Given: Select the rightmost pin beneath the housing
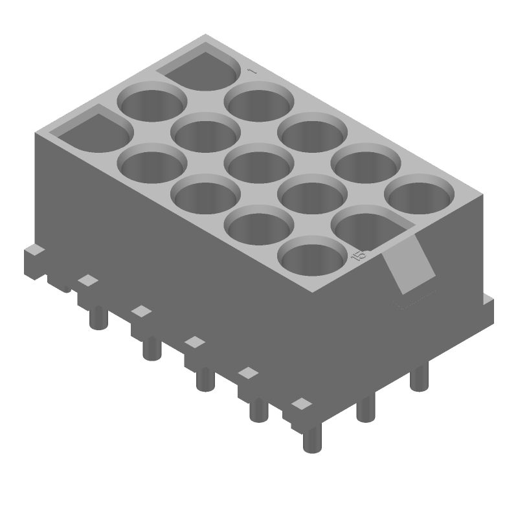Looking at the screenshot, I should (x=420, y=377).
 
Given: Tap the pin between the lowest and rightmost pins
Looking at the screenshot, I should (x=366, y=408).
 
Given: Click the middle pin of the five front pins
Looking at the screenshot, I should (x=205, y=379).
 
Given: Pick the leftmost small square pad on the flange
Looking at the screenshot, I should (x=87, y=280).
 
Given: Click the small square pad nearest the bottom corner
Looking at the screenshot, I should (x=300, y=404).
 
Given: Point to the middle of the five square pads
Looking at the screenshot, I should (x=194, y=341).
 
